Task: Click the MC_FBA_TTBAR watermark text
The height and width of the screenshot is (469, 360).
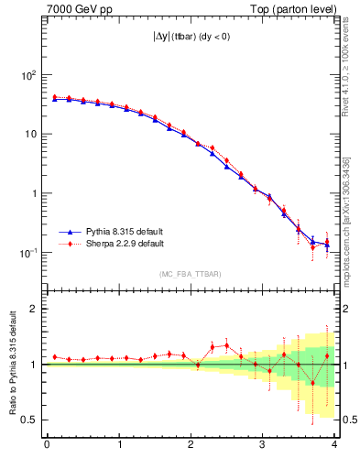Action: coord(191,274)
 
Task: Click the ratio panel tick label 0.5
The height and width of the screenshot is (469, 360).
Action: coord(31,420)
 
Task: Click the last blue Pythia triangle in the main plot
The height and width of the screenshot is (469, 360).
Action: coord(327,245)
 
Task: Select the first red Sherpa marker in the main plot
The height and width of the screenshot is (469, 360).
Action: coord(55,96)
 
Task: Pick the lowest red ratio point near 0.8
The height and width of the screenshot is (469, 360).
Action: coord(313,383)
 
